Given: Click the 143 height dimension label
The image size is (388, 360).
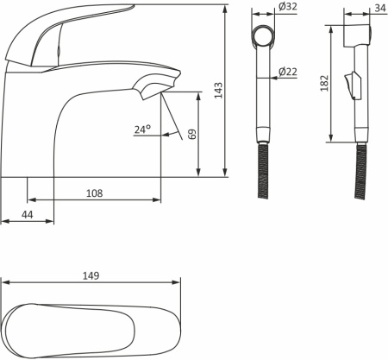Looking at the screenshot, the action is [218, 90].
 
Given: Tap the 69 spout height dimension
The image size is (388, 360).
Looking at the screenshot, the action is [192, 134].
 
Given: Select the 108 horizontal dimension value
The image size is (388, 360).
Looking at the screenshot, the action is [95, 193].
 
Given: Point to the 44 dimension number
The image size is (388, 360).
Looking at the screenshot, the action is [28, 214].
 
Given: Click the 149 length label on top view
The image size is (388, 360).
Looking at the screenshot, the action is [91, 275].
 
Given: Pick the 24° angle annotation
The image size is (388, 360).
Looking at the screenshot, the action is [142, 129].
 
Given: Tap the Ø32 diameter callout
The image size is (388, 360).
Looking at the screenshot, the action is [288, 6].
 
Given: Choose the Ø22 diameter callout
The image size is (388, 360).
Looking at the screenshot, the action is [288, 72].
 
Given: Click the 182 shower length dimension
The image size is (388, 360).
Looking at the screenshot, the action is [324, 84].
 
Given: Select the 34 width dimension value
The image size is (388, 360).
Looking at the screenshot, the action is [380, 8].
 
